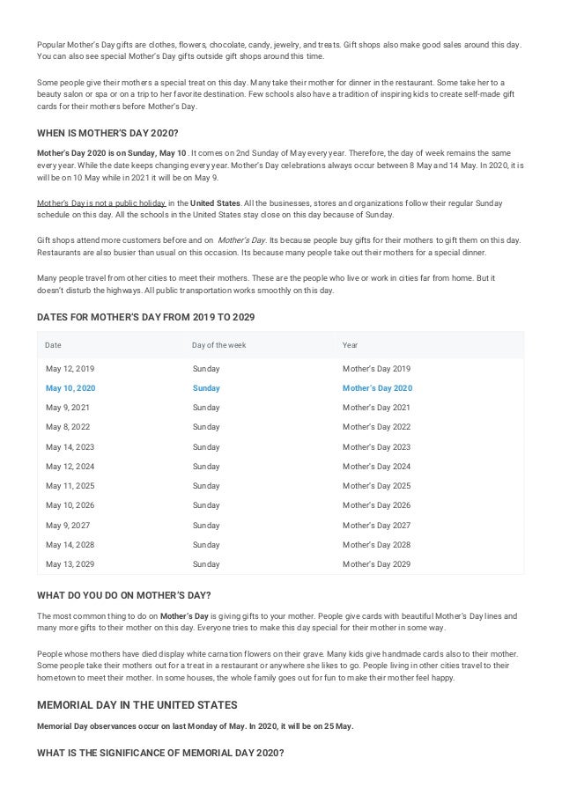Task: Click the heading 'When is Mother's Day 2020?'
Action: coord(107,133)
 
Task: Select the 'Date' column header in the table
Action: coord(53,345)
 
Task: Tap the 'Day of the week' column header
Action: coord(219,345)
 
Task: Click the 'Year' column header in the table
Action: coord(350,345)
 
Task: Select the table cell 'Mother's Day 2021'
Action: coord(376,408)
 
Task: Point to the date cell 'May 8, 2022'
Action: coord(70,427)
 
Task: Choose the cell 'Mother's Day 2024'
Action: coord(376,466)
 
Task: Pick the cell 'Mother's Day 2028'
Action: coord(376,544)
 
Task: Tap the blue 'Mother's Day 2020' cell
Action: coord(376,388)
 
